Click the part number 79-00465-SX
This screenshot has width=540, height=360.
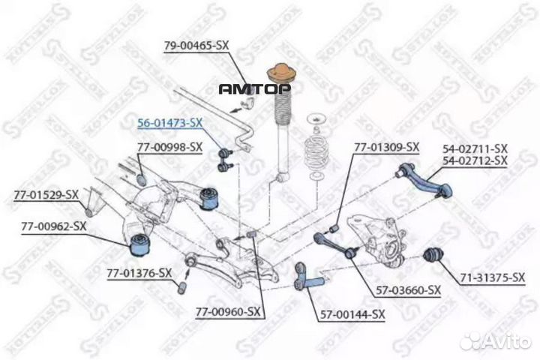pyautogui.click(x=196, y=46)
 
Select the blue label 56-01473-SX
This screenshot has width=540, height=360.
pyautogui.click(x=169, y=121)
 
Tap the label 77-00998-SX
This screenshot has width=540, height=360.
pyautogui.click(x=169, y=146)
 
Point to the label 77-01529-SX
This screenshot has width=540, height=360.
pyautogui.click(x=46, y=195)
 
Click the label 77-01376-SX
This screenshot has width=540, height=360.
pyautogui.click(x=139, y=273)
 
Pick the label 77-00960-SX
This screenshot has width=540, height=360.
pyautogui.click(x=229, y=310)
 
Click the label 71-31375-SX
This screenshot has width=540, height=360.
pyautogui.click(x=492, y=278)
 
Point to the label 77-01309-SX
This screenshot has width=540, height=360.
pyautogui.click(x=386, y=147)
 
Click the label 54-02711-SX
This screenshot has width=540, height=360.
pyautogui.click(x=475, y=149)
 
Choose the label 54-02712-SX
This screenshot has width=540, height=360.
pyautogui.click(x=475, y=160)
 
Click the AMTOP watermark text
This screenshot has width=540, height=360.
pyautogui.click(x=254, y=88)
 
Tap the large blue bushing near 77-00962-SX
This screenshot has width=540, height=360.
pyautogui.click(x=139, y=242)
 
